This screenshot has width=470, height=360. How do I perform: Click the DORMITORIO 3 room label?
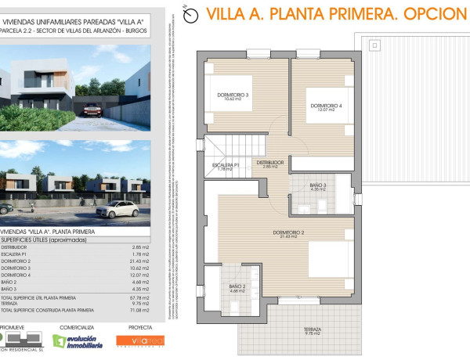(x=233, y=95)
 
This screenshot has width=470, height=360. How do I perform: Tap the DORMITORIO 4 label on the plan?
(x=326, y=106)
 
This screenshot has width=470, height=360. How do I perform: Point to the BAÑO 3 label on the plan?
(x=317, y=185)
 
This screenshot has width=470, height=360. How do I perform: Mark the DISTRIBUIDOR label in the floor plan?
(x=269, y=163)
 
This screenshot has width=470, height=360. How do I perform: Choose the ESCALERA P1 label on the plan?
(x=226, y=165)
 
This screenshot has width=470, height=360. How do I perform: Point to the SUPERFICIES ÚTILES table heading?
(x=44, y=239)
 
